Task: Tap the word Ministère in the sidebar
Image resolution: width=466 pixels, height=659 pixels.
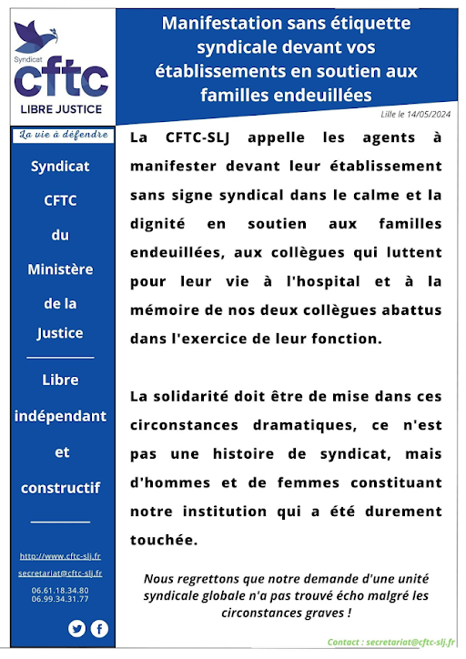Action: tap(60, 269)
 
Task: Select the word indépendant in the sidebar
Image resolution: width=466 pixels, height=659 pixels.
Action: tap(60, 416)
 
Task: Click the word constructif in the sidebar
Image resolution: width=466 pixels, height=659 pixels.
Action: tap(60, 488)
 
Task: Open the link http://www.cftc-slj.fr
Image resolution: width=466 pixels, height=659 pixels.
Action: tap(60, 556)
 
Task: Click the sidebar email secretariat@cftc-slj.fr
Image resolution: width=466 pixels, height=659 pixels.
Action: tap(60, 573)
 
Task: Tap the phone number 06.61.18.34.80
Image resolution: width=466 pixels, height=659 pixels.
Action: tap(60, 590)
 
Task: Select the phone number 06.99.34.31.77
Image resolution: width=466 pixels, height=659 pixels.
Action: tap(60, 599)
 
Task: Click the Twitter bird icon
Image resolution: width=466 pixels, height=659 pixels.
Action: tap(76, 628)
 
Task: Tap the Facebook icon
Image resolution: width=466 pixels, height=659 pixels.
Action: tap(98, 628)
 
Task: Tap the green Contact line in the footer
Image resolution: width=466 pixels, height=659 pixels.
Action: tap(391, 643)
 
